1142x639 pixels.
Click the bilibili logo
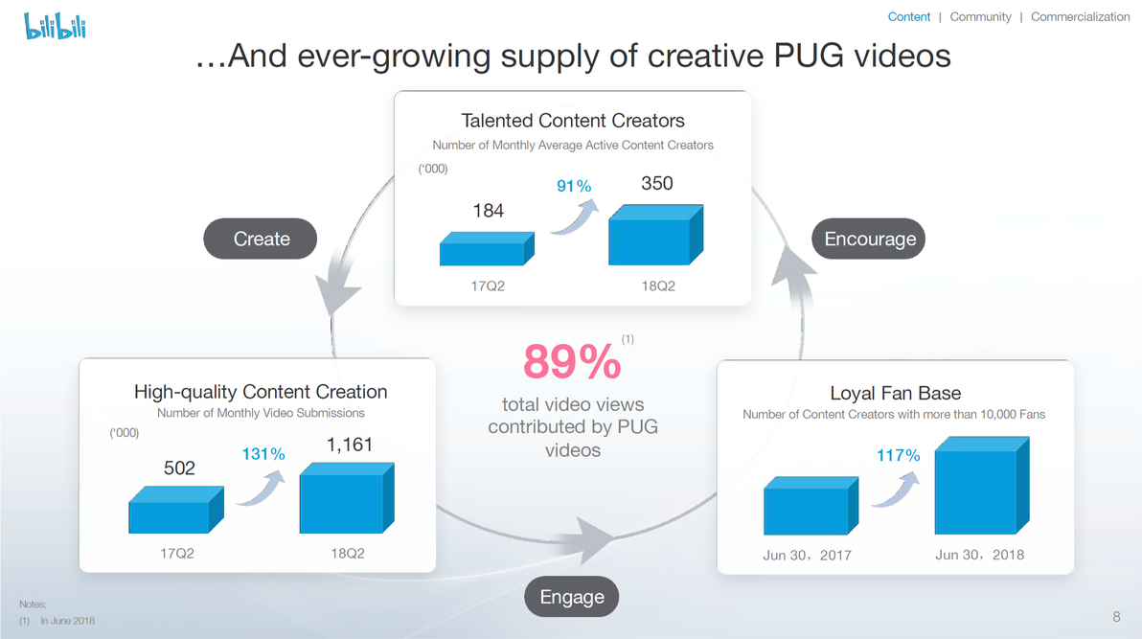[x=56, y=26]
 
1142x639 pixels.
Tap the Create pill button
[x=260, y=239]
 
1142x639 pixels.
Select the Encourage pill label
[x=869, y=239]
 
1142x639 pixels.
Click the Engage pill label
[x=572, y=597]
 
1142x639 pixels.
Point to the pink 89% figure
[x=572, y=361]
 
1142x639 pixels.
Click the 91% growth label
[x=574, y=186]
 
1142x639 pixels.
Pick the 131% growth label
[x=263, y=454]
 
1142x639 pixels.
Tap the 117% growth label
[x=898, y=455]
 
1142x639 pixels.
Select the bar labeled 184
[x=488, y=248]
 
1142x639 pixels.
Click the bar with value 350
[x=656, y=235]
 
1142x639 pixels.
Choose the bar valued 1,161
[x=347, y=497]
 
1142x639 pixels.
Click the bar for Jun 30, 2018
[x=982, y=486]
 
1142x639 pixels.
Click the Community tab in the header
[x=980, y=16]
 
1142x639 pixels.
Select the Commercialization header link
[x=1080, y=16]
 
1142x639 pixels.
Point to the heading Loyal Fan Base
[x=895, y=393]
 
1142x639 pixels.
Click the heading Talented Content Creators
[x=573, y=120]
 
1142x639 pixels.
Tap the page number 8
[x=1116, y=617]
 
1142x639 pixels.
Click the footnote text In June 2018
[x=68, y=621]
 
